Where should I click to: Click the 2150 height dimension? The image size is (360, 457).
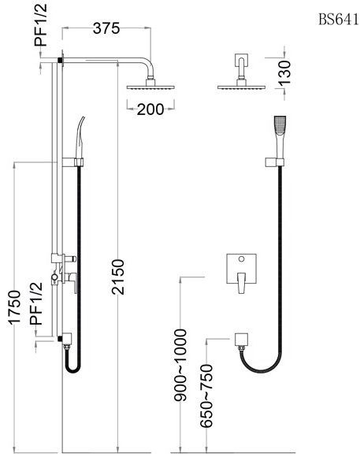click(x=118, y=278)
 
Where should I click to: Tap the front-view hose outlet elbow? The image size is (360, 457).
click(x=243, y=340)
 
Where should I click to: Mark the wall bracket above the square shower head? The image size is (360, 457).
click(x=241, y=62)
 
